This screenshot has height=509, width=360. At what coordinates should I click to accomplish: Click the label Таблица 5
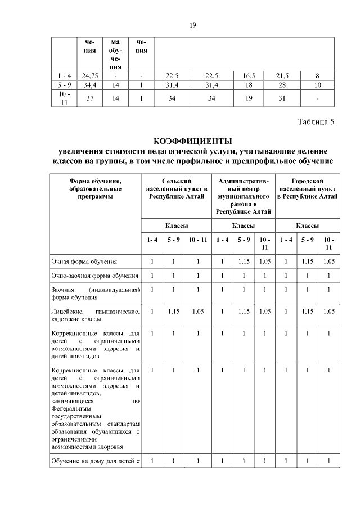point(316,123)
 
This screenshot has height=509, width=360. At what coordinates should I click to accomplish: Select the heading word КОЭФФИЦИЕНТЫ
point(192,141)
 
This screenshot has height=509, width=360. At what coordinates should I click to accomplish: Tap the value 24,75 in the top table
point(91,75)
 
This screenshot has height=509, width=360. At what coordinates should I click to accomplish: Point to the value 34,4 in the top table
point(91,85)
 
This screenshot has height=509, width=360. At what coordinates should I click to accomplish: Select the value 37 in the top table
point(91,98)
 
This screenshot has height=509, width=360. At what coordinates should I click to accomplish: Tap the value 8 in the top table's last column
point(318,75)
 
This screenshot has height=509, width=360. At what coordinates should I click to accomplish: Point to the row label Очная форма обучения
point(84,262)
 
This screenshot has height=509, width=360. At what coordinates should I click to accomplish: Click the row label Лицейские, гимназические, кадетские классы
point(95,315)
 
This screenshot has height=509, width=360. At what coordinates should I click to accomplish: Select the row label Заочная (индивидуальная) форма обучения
point(95,294)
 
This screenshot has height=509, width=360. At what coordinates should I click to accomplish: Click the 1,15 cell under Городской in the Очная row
point(308,262)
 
